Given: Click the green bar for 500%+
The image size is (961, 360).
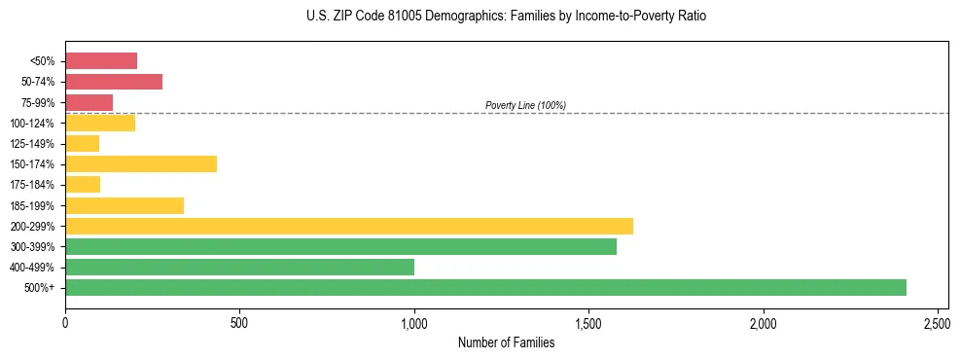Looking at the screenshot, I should pyautogui.click(x=485, y=287).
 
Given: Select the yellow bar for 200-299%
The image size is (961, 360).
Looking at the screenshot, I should pyautogui.click(x=349, y=226).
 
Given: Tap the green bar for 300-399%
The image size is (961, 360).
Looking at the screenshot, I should pyautogui.click(x=340, y=246).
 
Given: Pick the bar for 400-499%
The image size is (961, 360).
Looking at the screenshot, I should pyautogui.click(x=239, y=267).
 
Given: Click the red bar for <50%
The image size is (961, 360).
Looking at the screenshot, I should pyautogui.click(x=101, y=61).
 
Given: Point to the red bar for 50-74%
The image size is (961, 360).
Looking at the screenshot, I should pyautogui.click(x=114, y=82).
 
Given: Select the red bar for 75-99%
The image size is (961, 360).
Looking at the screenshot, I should pyautogui.click(x=89, y=102).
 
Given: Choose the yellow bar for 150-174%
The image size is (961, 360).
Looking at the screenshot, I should pyautogui.click(x=141, y=163).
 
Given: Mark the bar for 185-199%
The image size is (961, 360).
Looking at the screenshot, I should pyautogui.click(x=125, y=205).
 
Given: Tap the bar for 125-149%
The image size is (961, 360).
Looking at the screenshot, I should pyautogui.click(x=83, y=143).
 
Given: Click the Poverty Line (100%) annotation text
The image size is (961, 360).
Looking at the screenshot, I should pyautogui.click(x=525, y=105).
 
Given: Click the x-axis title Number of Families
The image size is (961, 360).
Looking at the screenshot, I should pyautogui.click(x=506, y=342).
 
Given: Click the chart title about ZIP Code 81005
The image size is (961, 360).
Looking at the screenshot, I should pyautogui.click(x=506, y=17).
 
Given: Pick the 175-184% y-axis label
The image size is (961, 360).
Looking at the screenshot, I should pyautogui.click(x=33, y=185).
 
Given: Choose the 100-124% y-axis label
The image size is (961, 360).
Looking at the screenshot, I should pyautogui.click(x=33, y=124).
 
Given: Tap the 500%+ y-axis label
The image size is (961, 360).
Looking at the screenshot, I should pyautogui.click(x=40, y=288).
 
